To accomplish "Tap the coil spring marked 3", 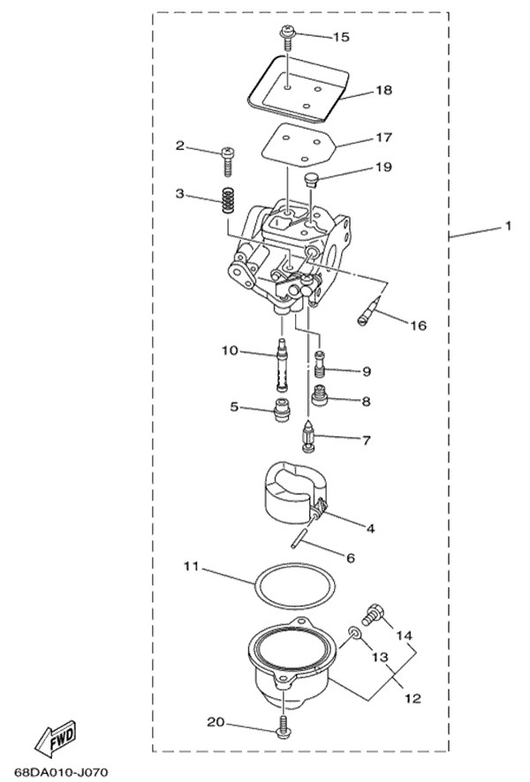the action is [x=228, y=200].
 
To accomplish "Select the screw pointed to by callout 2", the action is [x=228, y=161].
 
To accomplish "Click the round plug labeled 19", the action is [x=312, y=179].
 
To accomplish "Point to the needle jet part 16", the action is [x=370, y=310].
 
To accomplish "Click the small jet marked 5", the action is [x=283, y=409].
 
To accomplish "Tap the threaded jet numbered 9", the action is [x=321, y=365].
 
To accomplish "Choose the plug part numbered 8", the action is [x=320, y=395].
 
